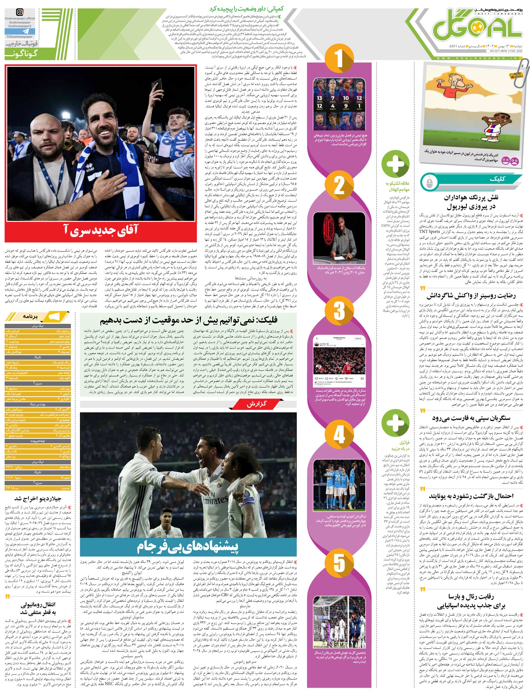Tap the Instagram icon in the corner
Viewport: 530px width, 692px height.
(20, 13)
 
